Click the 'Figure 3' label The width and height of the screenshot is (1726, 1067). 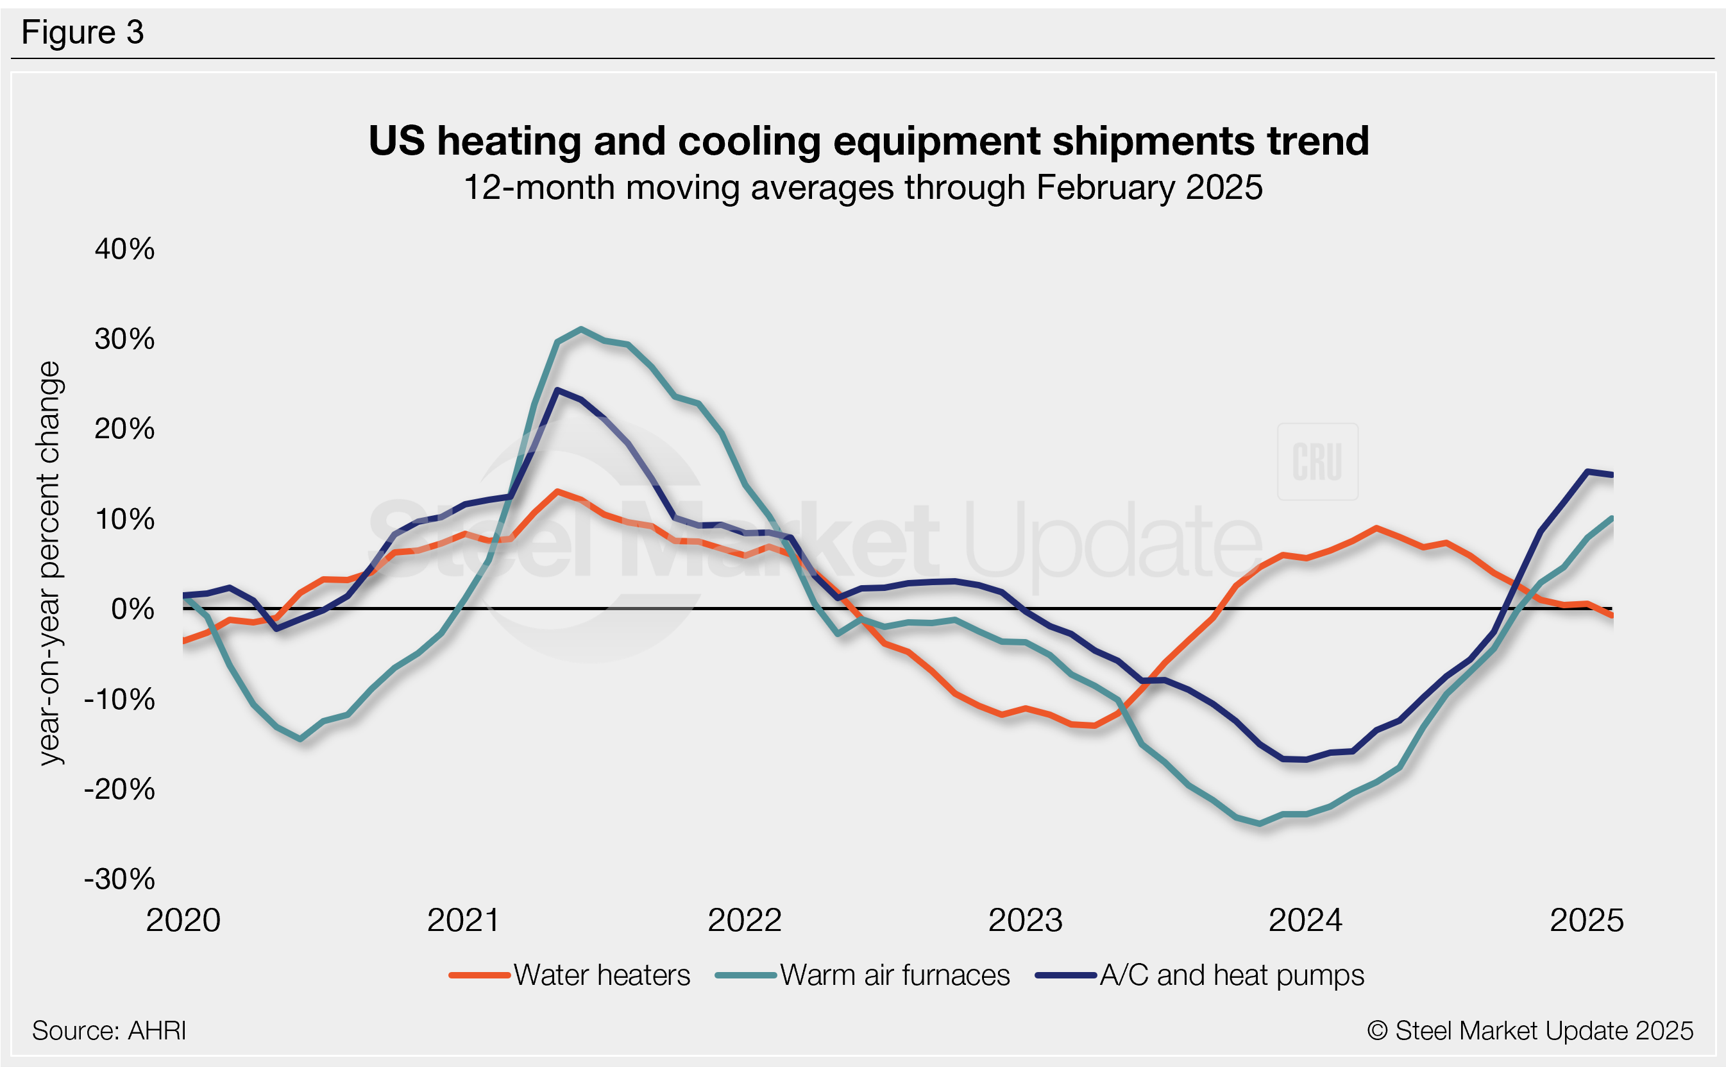click(x=83, y=33)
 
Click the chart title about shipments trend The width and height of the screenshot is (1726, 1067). click(x=868, y=141)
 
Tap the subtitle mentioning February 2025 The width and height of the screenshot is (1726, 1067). click(x=863, y=188)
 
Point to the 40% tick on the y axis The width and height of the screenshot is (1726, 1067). click(x=125, y=249)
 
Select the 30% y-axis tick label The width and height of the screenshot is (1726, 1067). click(x=125, y=339)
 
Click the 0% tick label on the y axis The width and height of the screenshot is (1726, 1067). click(x=133, y=609)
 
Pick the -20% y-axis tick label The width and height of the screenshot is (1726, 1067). click(x=120, y=789)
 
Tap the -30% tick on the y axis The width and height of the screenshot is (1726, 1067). click(x=120, y=879)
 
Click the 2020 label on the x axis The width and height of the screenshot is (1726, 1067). click(x=183, y=921)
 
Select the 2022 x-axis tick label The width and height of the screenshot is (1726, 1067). click(x=745, y=921)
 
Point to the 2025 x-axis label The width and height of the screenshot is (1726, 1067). click(x=1587, y=921)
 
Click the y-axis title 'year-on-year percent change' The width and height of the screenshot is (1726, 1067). click(x=49, y=563)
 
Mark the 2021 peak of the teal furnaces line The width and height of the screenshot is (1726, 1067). click(x=580, y=329)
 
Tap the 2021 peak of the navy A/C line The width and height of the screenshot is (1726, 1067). click(x=557, y=389)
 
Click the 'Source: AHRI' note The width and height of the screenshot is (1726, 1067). click(x=109, y=1031)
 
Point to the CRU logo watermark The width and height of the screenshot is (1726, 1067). click(x=1317, y=462)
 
